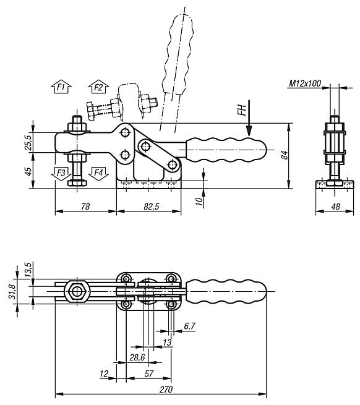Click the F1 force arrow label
click(x=61, y=87)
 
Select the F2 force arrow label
click(x=97, y=87)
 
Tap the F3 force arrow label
click(x=61, y=173)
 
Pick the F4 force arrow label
click(x=97, y=173)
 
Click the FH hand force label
click(x=242, y=112)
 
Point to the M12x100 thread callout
click(x=305, y=83)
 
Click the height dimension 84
click(x=283, y=155)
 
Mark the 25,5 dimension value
click(x=27, y=142)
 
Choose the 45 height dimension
click(x=27, y=171)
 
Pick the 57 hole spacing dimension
click(x=148, y=374)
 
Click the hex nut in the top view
click(x=77, y=291)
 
